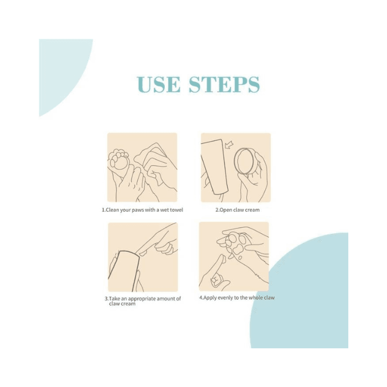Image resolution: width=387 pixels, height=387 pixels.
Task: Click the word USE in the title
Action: [159, 84]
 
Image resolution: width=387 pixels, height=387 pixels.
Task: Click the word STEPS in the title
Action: [224, 84]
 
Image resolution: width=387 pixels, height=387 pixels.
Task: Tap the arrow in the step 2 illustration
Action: [229, 145]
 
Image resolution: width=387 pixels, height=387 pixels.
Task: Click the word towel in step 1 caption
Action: [176, 210]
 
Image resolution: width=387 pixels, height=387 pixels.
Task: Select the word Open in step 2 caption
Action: [226, 210]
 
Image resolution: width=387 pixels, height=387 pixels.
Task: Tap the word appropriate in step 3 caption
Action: [142, 299]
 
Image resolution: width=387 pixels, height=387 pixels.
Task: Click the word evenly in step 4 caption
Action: [221, 298]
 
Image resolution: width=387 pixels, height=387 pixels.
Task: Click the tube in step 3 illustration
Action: [125, 272]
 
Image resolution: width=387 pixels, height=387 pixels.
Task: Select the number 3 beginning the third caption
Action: [106, 299]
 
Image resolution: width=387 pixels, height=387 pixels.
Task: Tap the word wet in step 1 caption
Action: [164, 210]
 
